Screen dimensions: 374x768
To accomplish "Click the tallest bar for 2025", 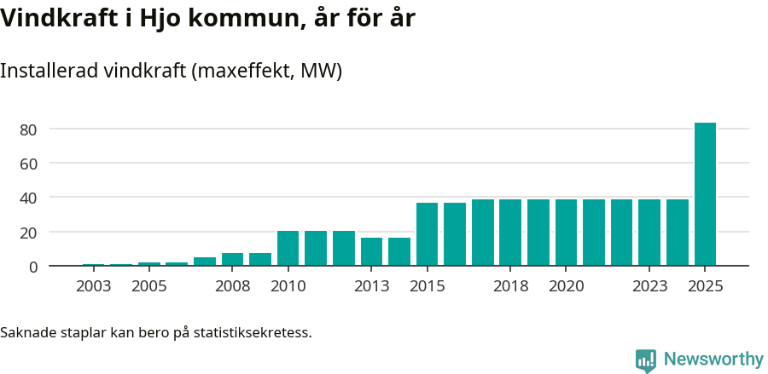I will [705, 194].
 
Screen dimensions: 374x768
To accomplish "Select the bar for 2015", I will [427, 234].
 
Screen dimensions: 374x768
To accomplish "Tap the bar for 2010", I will [288, 249].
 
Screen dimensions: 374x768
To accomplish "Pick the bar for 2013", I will [371, 252].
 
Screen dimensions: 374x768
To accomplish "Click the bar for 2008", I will [232, 260].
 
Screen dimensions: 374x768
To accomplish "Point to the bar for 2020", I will [566, 233].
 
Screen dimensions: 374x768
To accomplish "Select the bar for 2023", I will [649, 233].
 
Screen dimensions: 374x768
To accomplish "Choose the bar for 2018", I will [510, 233].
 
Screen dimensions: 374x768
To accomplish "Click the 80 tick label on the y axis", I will [29, 129].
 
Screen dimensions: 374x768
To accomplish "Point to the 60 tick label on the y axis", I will [29, 164].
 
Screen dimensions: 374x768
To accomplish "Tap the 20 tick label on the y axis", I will [29, 233].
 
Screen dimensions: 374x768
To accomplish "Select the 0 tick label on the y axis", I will [33, 267].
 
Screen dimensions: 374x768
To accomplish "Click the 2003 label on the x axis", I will [93, 286].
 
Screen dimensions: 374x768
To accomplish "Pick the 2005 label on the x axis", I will [148, 286].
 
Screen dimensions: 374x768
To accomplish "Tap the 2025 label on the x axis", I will [705, 286].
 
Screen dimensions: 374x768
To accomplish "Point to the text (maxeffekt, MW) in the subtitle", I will [266, 71].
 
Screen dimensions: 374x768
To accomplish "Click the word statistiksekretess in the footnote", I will [253, 332].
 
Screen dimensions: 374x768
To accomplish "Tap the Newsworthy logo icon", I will [646, 360].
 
